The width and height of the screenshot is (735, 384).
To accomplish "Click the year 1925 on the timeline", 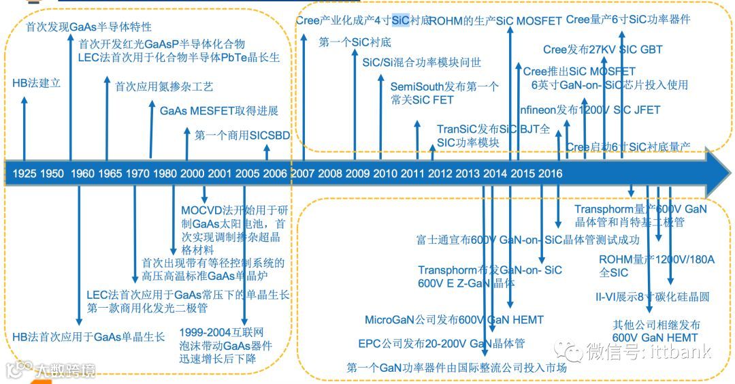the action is tap(24, 174).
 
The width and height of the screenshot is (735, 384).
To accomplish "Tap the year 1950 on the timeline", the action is tap(52, 174).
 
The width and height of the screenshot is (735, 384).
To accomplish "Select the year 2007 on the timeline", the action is tap(303, 174).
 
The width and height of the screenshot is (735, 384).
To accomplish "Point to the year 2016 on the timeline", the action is tap(550, 174).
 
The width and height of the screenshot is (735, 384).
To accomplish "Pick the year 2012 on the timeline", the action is tap(440, 174).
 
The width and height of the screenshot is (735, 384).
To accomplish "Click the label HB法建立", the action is tap(37, 83).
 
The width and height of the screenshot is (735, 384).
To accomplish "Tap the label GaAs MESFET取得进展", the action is tap(219, 111).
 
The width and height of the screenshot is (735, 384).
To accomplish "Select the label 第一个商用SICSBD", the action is tap(242, 135).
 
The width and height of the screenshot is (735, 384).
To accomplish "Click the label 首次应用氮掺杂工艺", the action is tap(164, 86).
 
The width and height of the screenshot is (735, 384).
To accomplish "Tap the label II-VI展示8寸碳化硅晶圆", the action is tap(653, 297).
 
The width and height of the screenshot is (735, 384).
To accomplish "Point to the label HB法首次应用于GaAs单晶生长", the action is tap(88, 337).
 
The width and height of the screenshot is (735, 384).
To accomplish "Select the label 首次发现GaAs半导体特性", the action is tap(88, 27).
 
